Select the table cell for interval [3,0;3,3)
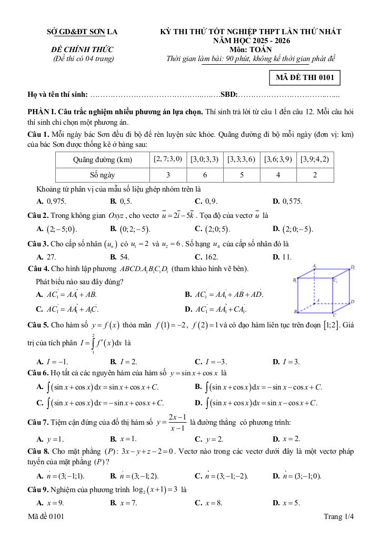[x=205, y=159]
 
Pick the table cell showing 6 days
[x=205, y=175]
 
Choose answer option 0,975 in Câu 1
[x=52, y=201]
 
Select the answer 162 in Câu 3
[x=206, y=257]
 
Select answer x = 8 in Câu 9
[x=208, y=502]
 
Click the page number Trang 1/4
[x=339, y=517]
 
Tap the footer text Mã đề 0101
[x=46, y=517]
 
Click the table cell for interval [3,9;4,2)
[x=315, y=159]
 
